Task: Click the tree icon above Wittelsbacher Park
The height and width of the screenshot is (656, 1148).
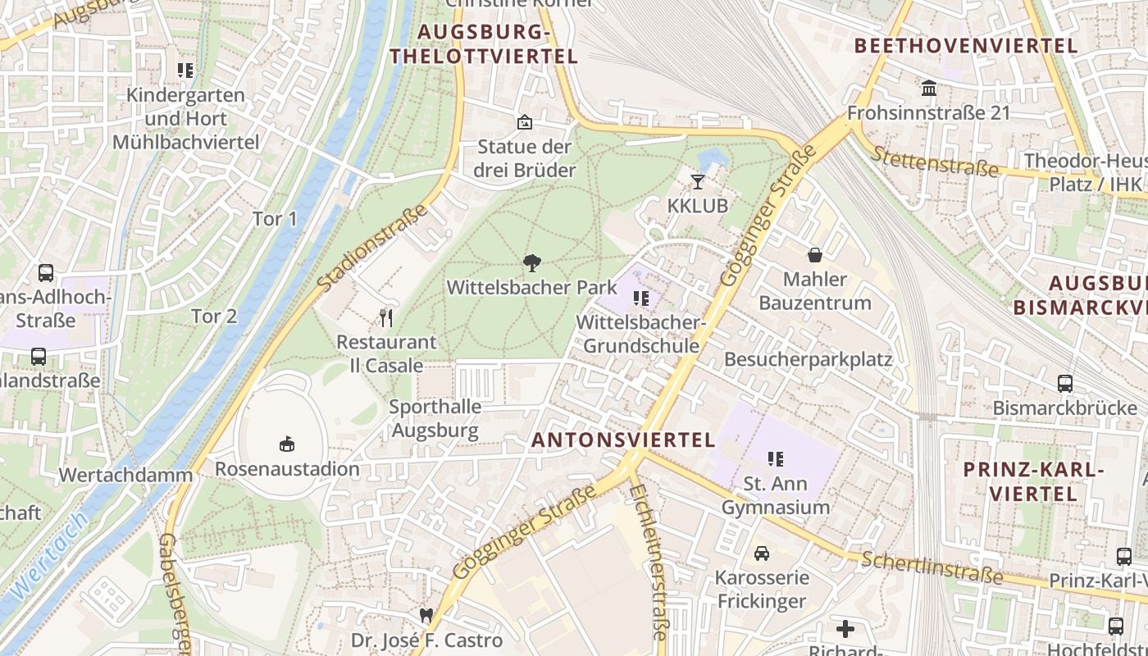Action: [x=532, y=263]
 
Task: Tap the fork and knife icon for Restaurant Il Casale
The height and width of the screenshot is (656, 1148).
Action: [x=386, y=317]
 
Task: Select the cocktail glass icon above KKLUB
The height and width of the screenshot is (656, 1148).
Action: [x=698, y=181]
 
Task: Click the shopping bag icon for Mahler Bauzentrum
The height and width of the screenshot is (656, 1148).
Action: [x=815, y=255]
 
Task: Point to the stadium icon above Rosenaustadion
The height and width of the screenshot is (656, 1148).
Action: [x=287, y=444]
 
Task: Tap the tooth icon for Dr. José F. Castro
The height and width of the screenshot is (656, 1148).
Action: [x=426, y=615]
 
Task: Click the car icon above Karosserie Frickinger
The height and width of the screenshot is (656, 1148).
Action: [x=762, y=553]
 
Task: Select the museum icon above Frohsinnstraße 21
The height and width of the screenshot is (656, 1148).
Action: [x=929, y=88]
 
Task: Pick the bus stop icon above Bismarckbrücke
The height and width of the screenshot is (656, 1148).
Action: [x=1064, y=383]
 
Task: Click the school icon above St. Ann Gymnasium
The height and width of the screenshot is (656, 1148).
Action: [x=776, y=459]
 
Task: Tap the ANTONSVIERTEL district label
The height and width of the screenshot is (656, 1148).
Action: [x=624, y=440]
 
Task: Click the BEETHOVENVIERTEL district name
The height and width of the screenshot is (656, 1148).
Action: [x=966, y=46]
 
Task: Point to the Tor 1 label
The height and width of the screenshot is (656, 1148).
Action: [x=275, y=219]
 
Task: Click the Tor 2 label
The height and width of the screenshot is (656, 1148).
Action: [x=214, y=316]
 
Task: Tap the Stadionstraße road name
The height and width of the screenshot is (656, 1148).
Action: [x=373, y=248]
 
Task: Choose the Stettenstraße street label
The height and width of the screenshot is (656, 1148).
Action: [x=935, y=162]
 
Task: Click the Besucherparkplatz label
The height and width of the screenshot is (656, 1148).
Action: [x=808, y=359]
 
